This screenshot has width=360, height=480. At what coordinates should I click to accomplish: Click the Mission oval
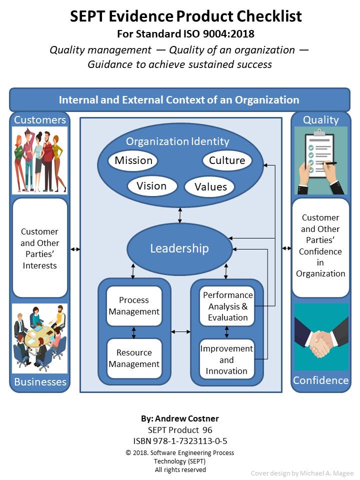point(133,160)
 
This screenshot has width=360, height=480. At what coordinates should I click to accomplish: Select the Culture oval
point(227,160)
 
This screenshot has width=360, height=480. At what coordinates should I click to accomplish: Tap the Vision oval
point(151,186)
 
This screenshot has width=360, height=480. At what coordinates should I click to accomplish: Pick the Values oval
point(210,187)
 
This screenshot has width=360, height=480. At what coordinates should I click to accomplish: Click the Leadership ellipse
point(179,248)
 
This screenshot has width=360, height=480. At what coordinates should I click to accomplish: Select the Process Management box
point(134,305)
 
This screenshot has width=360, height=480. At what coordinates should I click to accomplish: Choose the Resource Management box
point(134,358)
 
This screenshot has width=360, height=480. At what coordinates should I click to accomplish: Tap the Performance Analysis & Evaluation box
point(227,306)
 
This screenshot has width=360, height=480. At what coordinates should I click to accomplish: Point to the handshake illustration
point(320,336)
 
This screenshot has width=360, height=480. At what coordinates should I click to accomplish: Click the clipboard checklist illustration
point(320,160)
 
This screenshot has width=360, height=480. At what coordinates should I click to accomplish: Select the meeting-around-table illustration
point(39,338)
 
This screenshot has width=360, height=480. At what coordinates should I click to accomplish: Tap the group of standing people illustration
point(39,160)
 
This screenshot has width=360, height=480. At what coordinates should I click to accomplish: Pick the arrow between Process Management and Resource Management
point(134,332)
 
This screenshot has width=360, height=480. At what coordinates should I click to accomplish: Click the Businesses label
point(40,382)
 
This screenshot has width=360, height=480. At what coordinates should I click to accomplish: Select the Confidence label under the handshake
point(320,380)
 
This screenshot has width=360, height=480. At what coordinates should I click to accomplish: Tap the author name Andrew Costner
point(180,418)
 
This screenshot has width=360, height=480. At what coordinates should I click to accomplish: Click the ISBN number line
point(180,441)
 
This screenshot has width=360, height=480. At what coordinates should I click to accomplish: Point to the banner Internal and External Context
point(179,99)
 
